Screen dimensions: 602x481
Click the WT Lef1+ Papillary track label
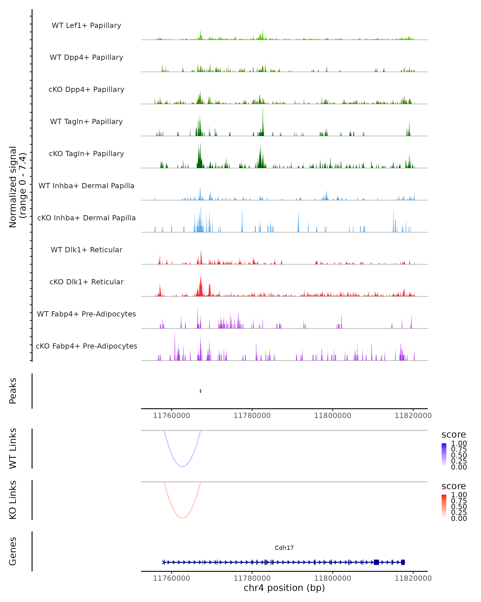(x=86, y=25)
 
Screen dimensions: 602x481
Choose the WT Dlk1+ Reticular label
(x=86, y=250)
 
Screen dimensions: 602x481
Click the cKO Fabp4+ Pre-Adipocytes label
(x=86, y=346)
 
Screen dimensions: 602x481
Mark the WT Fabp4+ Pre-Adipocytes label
(x=86, y=314)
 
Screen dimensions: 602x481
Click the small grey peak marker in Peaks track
(x=200, y=391)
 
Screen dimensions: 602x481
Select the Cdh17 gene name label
(x=284, y=548)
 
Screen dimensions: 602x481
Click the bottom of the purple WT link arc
(x=182, y=467)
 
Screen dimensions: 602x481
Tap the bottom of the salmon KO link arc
(x=182, y=518)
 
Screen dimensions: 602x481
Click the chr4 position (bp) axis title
(x=284, y=588)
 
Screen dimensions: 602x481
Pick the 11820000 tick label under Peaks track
(x=413, y=416)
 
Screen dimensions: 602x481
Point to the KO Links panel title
(x=13, y=500)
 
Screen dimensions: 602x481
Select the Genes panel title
(x=13, y=551)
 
